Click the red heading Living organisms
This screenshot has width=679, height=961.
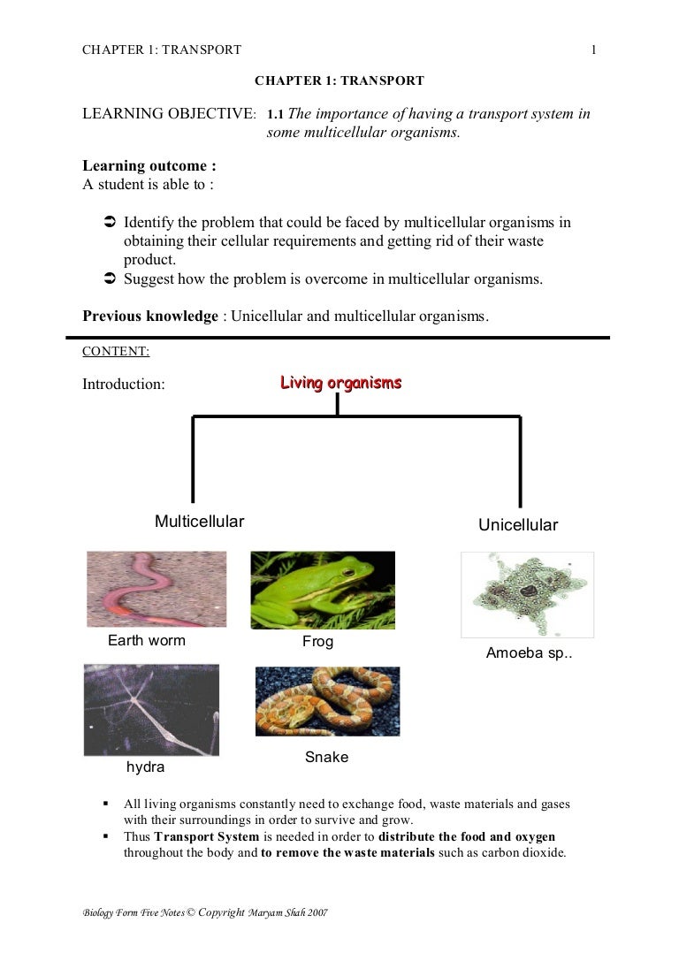click(340, 383)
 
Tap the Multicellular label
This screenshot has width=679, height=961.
click(199, 522)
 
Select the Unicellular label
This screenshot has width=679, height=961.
click(518, 525)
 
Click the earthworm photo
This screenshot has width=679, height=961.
click(156, 589)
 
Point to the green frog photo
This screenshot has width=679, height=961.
click(323, 590)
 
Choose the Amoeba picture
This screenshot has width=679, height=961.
click(527, 594)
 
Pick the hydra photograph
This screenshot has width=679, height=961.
click(151, 710)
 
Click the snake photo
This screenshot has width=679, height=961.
click(327, 701)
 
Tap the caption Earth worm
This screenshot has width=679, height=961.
click(147, 640)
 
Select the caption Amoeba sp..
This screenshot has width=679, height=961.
click(530, 653)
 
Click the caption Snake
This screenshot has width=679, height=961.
click(327, 757)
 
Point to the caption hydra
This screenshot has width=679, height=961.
click(146, 767)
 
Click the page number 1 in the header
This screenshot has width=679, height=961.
click(594, 50)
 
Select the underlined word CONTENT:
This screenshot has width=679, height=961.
click(116, 351)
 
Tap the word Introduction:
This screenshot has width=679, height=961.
click(124, 385)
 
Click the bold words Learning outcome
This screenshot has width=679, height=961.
click(149, 165)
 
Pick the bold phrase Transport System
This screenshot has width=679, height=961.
click(206, 836)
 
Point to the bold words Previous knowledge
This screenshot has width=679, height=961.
click(150, 316)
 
